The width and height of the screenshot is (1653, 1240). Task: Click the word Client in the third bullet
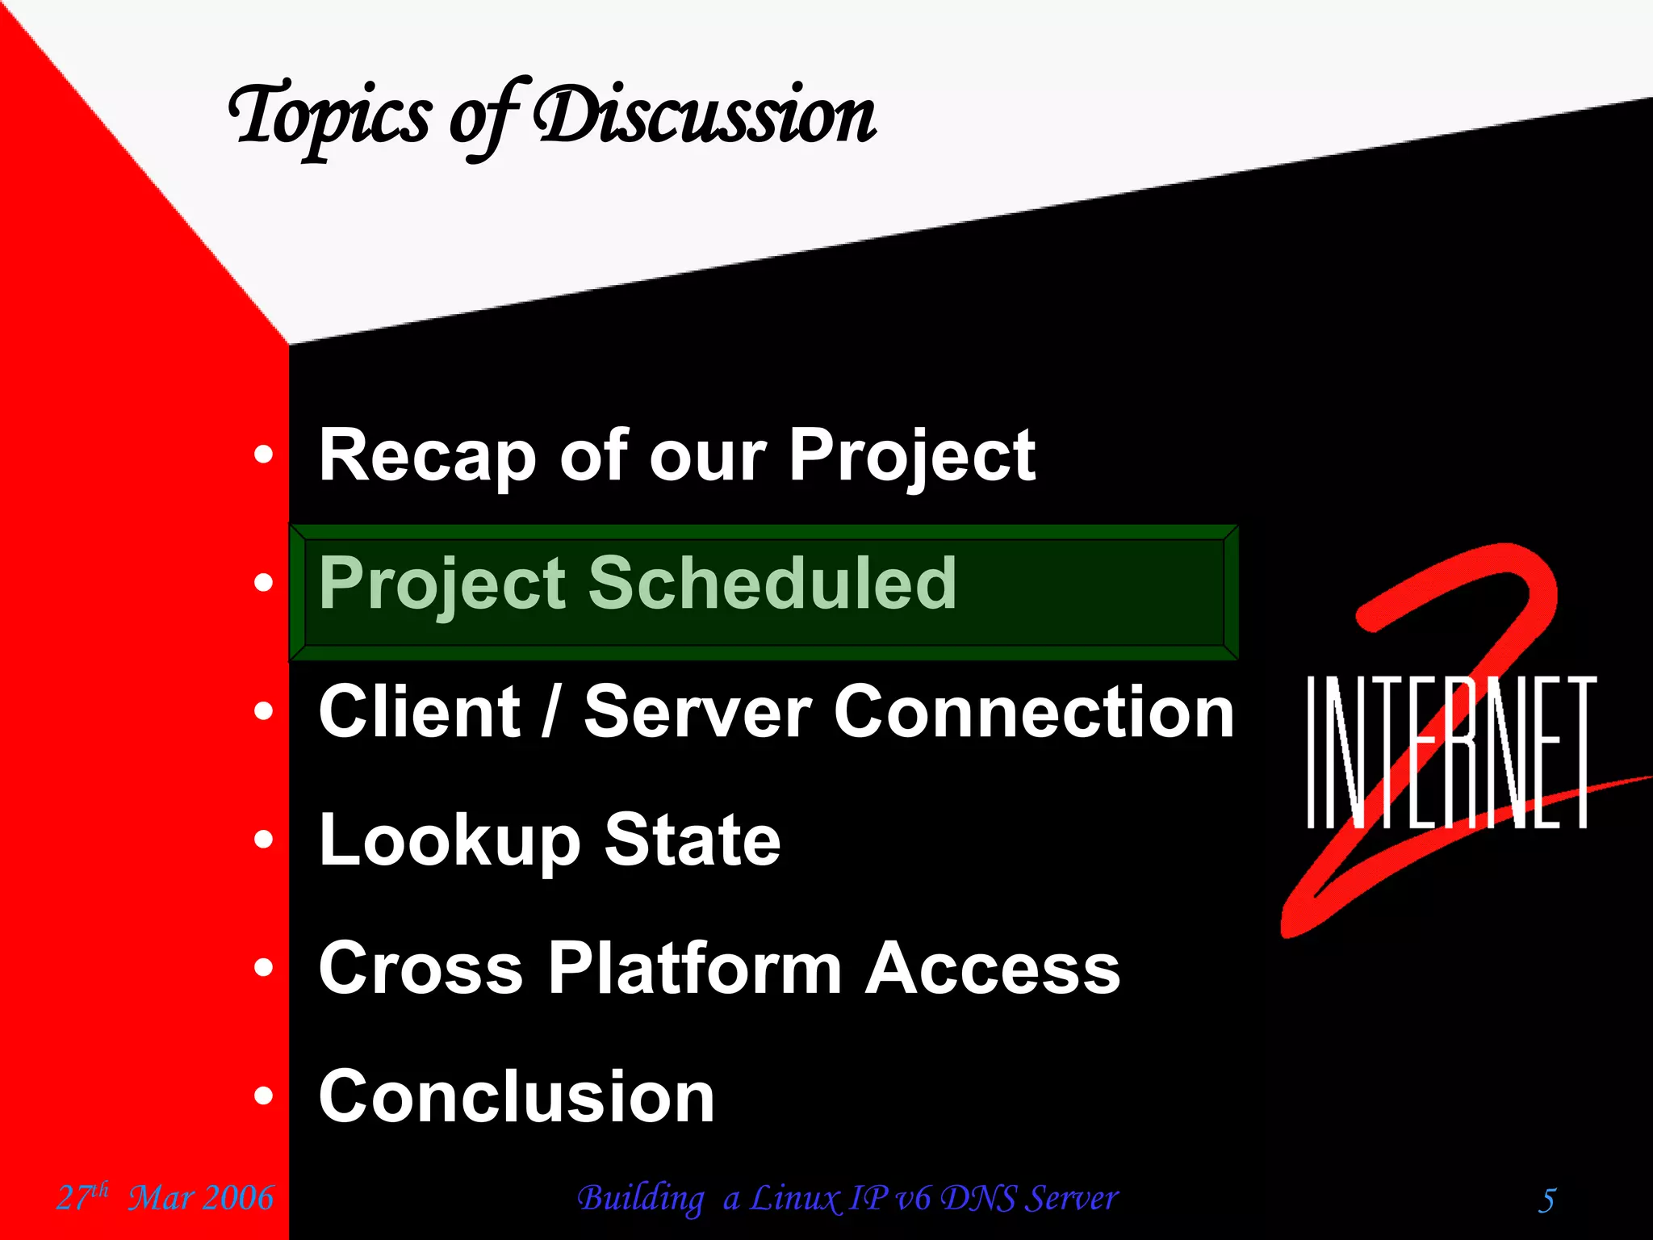tap(419, 711)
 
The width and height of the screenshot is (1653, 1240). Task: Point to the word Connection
tap(1033, 711)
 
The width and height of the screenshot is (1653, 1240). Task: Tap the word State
tap(693, 840)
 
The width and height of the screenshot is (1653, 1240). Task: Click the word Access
tap(993, 968)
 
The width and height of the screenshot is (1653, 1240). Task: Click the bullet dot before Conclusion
tap(263, 1095)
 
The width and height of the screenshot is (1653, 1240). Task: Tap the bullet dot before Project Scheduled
tap(263, 582)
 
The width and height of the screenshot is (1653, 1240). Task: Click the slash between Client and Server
tap(550, 711)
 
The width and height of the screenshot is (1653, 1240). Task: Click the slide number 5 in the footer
tap(1546, 1200)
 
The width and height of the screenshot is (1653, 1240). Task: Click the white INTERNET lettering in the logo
tap(1450, 752)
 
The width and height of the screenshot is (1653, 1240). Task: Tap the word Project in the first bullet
tap(911, 456)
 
